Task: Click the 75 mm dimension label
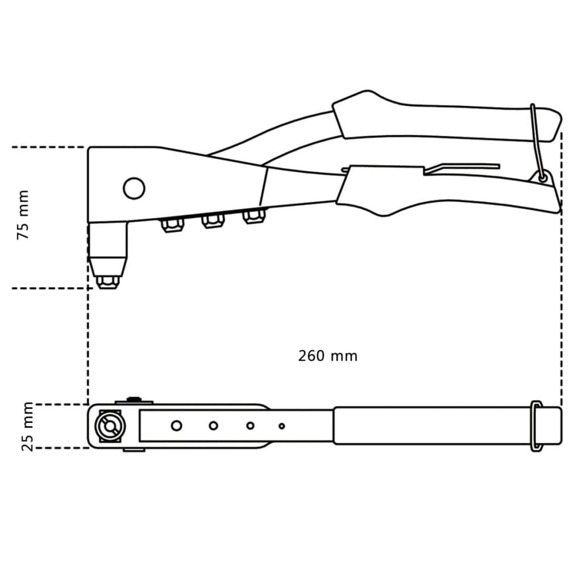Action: pos(23,214)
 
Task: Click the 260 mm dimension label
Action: pos(328,356)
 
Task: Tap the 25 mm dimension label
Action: pos(27,426)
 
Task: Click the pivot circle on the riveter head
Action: pos(134,188)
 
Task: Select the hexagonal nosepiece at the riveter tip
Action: pos(107,282)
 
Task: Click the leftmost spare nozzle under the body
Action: pos(173,225)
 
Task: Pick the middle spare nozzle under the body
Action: pos(213,221)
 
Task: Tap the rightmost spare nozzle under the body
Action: pos(254,217)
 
